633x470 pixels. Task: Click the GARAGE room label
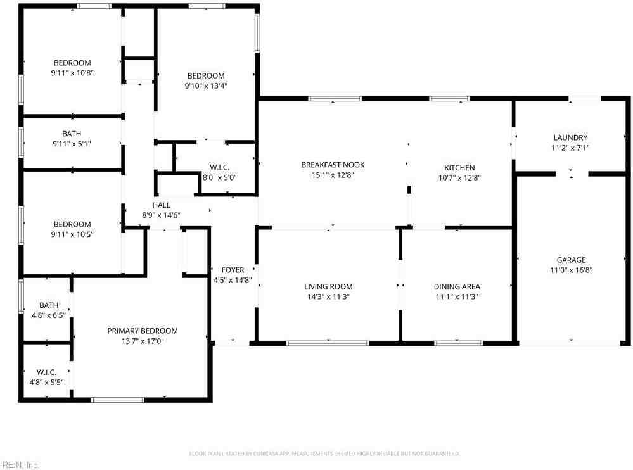571,260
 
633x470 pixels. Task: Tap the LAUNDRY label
570,137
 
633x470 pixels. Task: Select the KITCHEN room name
459,168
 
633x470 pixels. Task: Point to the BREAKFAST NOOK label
333,165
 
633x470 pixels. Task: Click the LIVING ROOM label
328,286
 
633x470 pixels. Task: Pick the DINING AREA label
457,286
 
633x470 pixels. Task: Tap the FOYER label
233,270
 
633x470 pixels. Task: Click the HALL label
161,205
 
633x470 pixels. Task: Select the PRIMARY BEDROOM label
143,331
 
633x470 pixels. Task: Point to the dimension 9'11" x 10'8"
72,73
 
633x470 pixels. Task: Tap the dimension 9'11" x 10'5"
72,234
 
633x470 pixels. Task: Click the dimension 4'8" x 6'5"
49,315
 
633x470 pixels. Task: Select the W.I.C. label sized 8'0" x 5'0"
219,177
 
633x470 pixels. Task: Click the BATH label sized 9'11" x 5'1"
72,134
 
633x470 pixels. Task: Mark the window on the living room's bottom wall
328,343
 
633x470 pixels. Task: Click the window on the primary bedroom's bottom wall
118,400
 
